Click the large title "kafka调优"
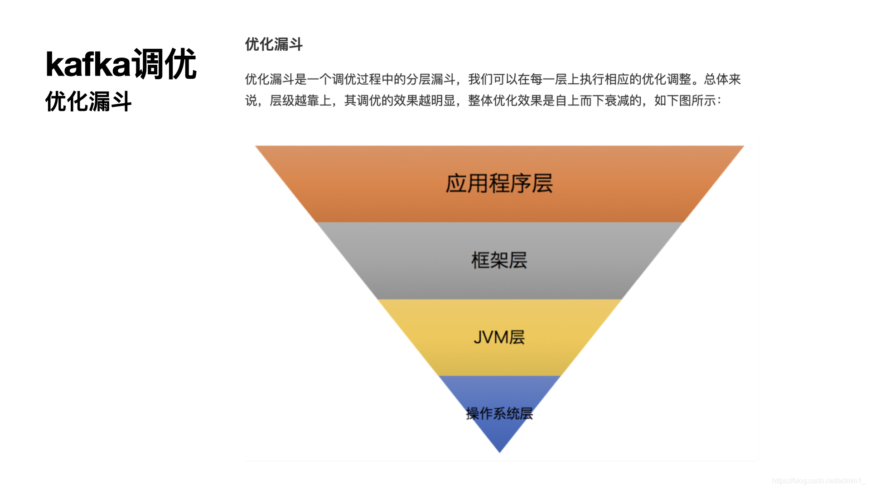click(x=121, y=64)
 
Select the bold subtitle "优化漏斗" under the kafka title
click(x=88, y=101)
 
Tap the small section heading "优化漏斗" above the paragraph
click(x=274, y=44)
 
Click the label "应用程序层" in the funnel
click(x=499, y=183)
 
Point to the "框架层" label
click(x=499, y=260)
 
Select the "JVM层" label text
click(x=499, y=337)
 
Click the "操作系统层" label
click(x=499, y=413)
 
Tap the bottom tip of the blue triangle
click(x=499, y=451)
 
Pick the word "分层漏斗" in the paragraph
click(x=430, y=79)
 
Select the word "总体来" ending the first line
click(x=722, y=79)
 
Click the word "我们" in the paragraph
click(x=480, y=79)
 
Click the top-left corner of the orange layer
click(x=256, y=147)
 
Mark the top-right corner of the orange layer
click(x=743, y=147)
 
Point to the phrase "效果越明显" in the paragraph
click(x=424, y=101)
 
